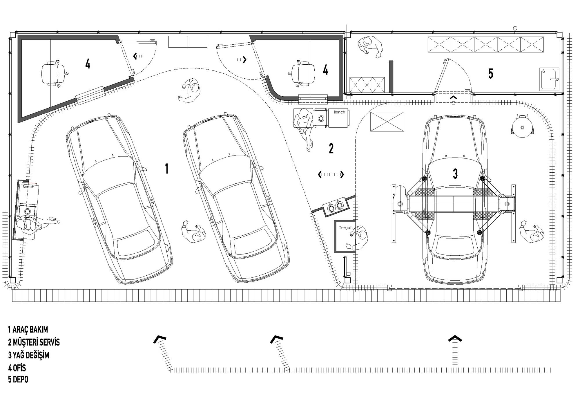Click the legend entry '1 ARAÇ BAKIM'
pos(28,330)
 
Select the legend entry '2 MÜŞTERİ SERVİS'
pos(34,342)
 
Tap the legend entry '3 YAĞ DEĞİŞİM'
pos(29,355)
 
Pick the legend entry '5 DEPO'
pos(18,380)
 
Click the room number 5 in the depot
pos(491,73)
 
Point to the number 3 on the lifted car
pos(455,174)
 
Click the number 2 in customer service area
pos(331,148)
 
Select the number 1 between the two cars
pos(166,169)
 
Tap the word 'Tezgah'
pos(346,228)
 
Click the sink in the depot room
pos(549,79)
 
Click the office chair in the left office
pos(55,73)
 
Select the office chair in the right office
pos(302,73)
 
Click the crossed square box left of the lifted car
pos(387,122)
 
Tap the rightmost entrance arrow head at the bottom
pos(455,338)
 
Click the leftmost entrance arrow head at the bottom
pos(160,339)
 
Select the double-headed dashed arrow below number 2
pos(331,174)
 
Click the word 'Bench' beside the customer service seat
pos(339,112)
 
